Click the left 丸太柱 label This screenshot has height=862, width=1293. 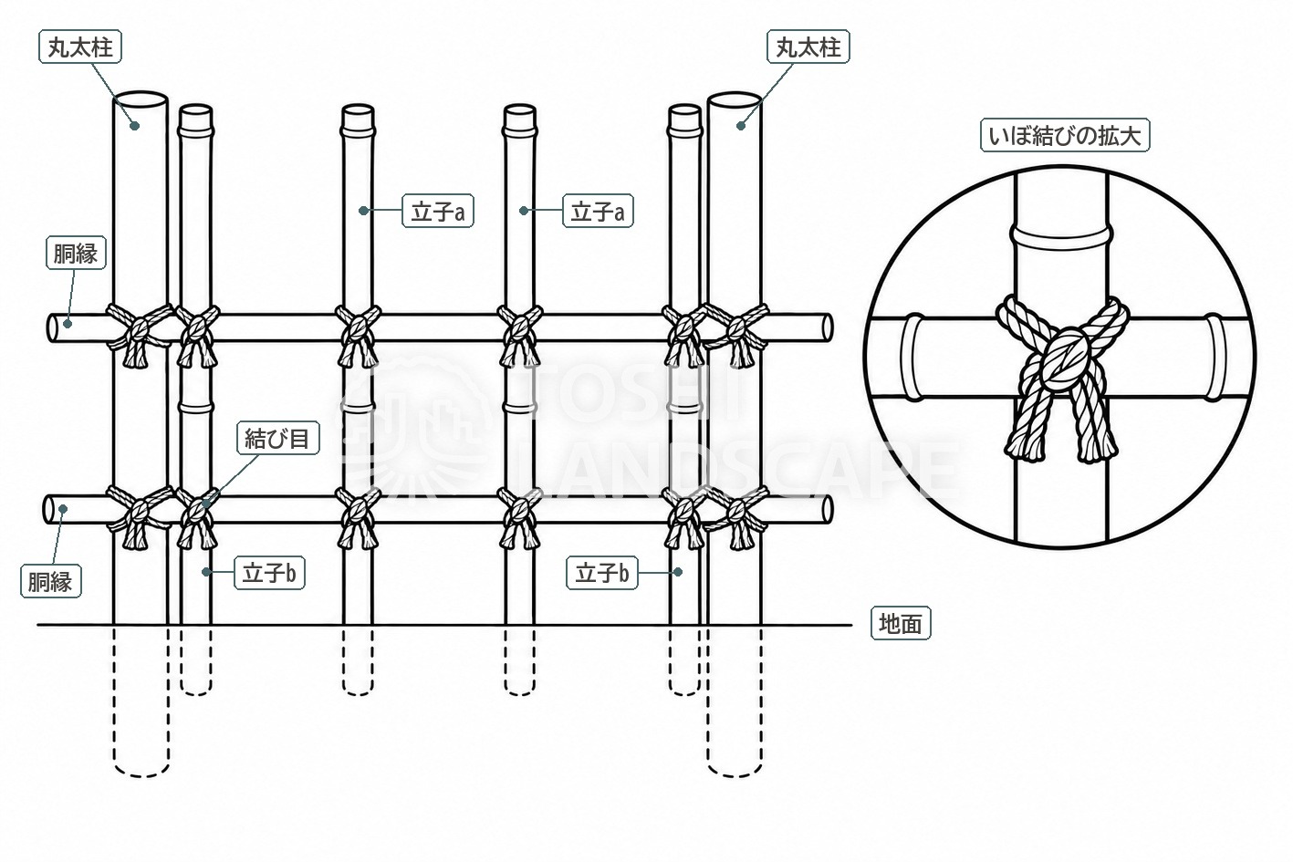(x=80, y=47)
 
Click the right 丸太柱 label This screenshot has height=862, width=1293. (x=808, y=47)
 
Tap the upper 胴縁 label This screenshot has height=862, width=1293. (x=76, y=253)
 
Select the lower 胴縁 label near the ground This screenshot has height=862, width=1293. (x=51, y=581)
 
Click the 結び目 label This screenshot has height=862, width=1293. (x=277, y=439)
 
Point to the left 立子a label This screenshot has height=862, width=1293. (x=438, y=212)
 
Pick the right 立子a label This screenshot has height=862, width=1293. (x=598, y=212)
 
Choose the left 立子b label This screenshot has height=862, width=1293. (x=269, y=573)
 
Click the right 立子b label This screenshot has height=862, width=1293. (x=602, y=573)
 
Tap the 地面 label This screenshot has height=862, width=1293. (x=901, y=623)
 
